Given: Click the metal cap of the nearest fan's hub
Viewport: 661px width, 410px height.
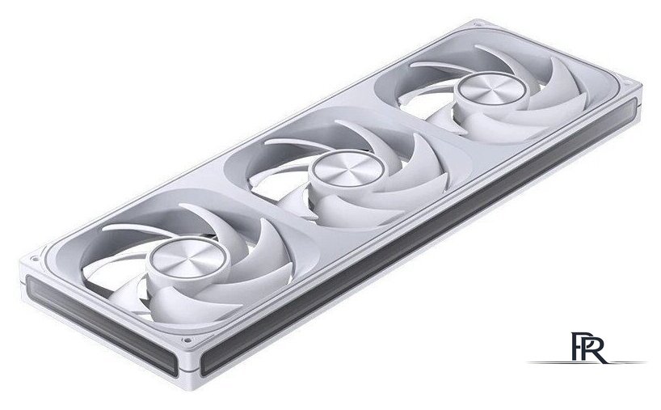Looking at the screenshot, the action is pyautogui.click(x=188, y=259).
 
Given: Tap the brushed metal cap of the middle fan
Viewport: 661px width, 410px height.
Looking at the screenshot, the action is pyautogui.click(x=348, y=168).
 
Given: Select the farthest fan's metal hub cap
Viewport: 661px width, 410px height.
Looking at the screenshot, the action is pyautogui.click(x=491, y=89).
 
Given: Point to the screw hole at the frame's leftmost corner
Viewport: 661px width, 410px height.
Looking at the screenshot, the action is pyautogui.click(x=35, y=258).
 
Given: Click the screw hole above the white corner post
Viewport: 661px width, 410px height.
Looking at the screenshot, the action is pyautogui.click(x=186, y=340).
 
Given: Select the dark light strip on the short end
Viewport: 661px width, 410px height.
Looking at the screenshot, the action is pyautogui.click(x=101, y=324).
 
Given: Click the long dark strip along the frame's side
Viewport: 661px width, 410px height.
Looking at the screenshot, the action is pyautogui.click(x=419, y=235).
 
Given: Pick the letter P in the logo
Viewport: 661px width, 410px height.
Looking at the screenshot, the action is pyautogui.click(x=577, y=347).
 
